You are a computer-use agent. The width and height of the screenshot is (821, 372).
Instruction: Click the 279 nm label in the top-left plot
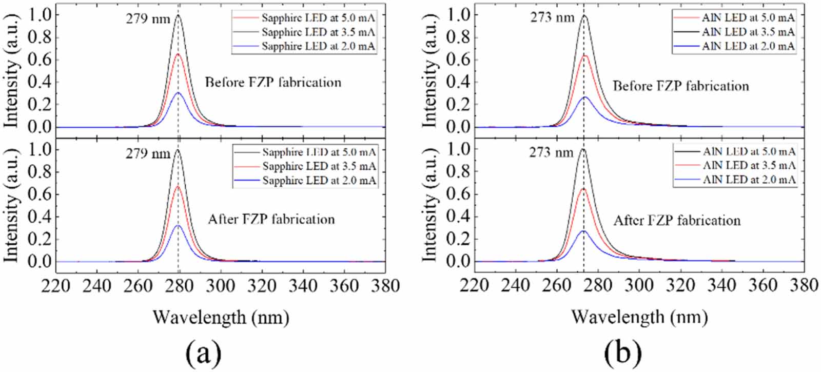[148, 18]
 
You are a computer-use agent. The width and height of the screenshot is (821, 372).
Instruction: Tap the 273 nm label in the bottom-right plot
[552, 152]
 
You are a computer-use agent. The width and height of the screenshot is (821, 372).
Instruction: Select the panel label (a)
[204, 353]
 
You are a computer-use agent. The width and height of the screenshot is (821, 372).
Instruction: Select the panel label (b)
[623, 353]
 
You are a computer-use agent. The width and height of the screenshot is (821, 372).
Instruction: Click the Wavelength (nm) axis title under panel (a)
[221, 318]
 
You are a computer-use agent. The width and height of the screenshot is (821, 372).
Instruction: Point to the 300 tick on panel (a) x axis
[220, 285]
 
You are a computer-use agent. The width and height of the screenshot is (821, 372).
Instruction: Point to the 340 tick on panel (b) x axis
[722, 285]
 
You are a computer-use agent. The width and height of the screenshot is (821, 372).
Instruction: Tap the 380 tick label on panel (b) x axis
[804, 285]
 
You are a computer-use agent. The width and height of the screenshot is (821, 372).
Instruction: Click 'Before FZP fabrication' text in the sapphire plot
[273, 82]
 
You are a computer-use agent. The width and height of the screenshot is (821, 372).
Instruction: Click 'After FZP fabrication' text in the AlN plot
[677, 221]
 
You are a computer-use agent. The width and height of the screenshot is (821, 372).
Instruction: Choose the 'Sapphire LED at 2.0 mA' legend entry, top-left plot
[318, 46]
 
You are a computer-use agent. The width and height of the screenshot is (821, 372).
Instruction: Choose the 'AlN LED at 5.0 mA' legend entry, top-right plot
[748, 17]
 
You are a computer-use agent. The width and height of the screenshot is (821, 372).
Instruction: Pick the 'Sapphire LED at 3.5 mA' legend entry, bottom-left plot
[319, 166]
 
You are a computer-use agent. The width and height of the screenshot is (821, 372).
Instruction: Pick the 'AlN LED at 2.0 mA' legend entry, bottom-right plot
[749, 180]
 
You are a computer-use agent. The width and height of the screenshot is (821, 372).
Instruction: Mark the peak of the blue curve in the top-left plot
[178, 93]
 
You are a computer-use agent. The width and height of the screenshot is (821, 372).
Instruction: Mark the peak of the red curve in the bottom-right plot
[583, 189]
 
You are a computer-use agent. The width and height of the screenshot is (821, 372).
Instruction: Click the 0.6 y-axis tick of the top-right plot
[458, 60]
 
